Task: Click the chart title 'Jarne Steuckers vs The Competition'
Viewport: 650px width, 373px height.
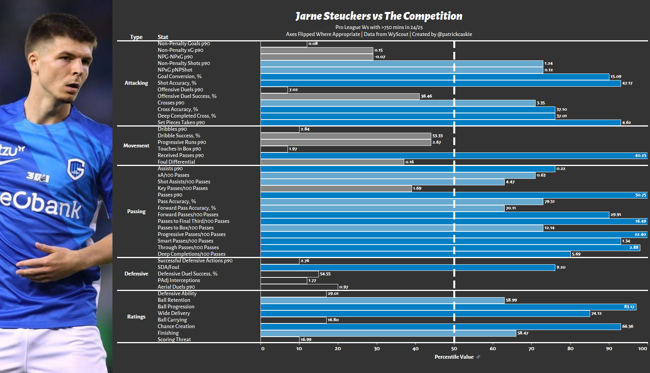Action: (x=379, y=16)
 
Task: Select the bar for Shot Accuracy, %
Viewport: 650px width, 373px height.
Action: (x=441, y=83)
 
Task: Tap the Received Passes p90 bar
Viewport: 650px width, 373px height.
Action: (x=454, y=156)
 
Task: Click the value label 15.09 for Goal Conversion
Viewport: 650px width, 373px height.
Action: (x=616, y=77)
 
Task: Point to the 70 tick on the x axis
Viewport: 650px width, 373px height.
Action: (x=531, y=349)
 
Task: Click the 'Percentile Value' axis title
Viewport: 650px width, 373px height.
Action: (x=454, y=357)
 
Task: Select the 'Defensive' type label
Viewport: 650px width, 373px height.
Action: (x=136, y=274)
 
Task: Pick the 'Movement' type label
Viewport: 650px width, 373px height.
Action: (x=136, y=145)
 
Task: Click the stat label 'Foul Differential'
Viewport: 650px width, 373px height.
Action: (x=176, y=162)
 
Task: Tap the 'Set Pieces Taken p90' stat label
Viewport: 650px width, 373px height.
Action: (x=181, y=122)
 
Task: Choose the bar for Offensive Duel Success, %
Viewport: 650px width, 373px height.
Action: (x=340, y=96)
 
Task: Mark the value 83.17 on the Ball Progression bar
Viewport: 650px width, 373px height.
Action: (x=629, y=307)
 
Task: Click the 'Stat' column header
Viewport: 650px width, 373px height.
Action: (x=163, y=37)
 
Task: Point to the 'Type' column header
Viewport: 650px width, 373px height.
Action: (x=136, y=37)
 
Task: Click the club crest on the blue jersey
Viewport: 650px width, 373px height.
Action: (x=76, y=169)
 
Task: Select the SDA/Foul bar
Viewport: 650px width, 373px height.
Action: (x=408, y=267)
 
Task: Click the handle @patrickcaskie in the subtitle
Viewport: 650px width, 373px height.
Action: (x=454, y=34)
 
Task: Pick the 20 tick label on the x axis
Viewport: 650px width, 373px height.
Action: (x=338, y=349)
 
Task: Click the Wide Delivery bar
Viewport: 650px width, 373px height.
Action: (x=425, y=313)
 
